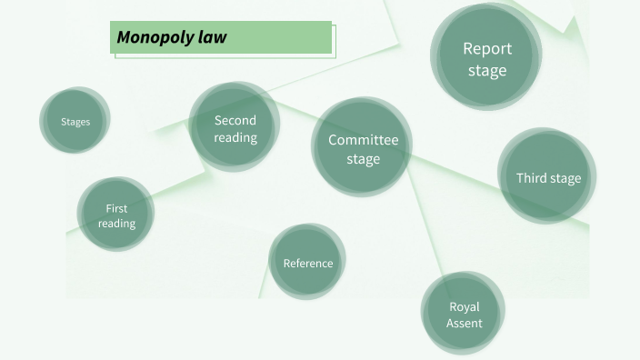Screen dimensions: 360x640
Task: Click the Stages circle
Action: tap(75, 121)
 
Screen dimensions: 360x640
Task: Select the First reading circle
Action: tap(115, 215)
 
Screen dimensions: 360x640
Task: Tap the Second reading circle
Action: tap(235, 127)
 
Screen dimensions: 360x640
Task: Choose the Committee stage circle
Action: tap(362, 147)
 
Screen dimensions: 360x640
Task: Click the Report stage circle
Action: tap(486, 56)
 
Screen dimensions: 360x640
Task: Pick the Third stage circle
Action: tap(547, 177)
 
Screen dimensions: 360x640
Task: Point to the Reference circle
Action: tap(307, 262)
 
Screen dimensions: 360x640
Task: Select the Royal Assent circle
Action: tap(463, 314)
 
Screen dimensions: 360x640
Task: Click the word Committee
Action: tap(363, 140)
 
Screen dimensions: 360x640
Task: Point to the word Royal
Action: tap(464, 306)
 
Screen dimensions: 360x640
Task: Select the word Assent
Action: tap(464, 323)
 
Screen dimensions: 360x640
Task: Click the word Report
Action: tap(487, 48)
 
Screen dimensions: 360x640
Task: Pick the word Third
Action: tap(531, 178)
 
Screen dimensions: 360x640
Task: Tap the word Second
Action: tap(235, 120)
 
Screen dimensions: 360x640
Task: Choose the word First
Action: tap(116, 208)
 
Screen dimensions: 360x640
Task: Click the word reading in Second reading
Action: tap(235, 137)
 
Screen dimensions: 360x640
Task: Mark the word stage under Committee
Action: tap(363, 159)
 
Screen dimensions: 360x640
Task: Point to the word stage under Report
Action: tap(487, 70)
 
